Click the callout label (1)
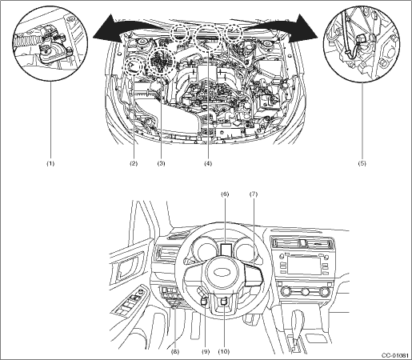point(50,163)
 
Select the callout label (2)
point(134,163)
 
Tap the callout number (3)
point(161,163)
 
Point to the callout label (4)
point(208,163)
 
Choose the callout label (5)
point(362,163)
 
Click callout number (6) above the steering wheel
point(225,194)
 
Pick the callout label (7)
point(254,194)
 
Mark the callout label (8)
point(175,352)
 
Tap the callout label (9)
point(206,352)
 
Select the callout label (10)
point(224,352)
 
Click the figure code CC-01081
point(395,356)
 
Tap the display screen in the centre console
point(304,264)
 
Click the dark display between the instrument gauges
point(226,249)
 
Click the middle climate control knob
point(306,291)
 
